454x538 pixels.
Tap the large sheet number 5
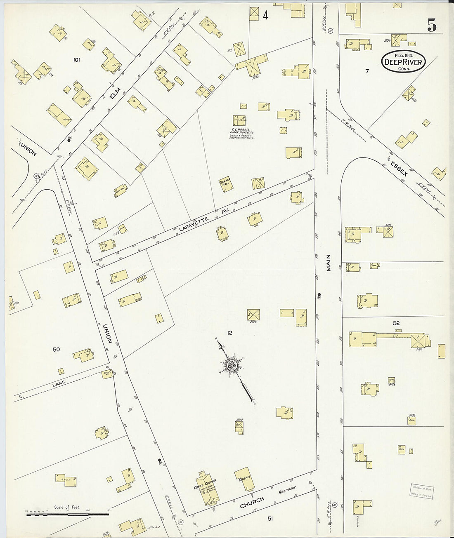pos(432,26)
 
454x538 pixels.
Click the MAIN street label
pos(329,263)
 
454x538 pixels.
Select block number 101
pos(76,60)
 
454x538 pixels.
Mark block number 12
pos(229,332)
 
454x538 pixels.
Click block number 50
pos(56,350)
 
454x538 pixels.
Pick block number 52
pos(396,323)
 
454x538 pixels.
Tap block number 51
pos(270,519)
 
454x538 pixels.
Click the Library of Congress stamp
pos(421,491)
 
